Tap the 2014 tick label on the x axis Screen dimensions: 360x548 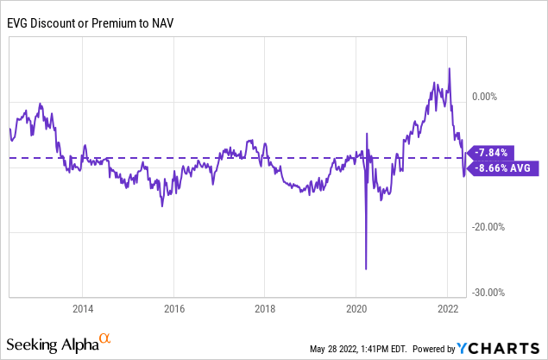pyautogui.click(x=83, y=309)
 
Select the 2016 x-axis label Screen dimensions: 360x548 pyautogui.click(x=174, y=309)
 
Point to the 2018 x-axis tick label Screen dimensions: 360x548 pyautogui.click(x=266, y=309)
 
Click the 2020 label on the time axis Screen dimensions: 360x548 pyautogui.click(x=357, y=309)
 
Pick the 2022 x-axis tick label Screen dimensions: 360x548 pyautogui.click(x=448, y=309)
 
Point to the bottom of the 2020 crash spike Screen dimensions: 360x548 pyautogui.click(x=367, y=268)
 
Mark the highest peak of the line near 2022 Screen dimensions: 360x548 pyautogui.click(x=449, y=68)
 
